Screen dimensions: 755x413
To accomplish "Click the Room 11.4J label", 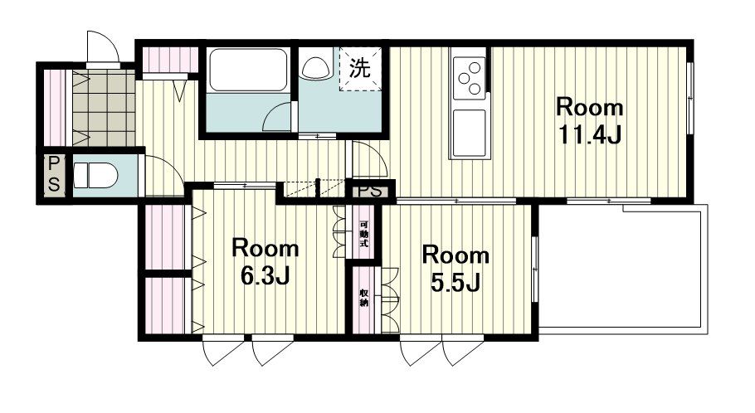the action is pyautogui.click(x=590, y=121).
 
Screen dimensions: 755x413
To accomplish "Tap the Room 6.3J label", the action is pyautogui.click(x=265, y=262).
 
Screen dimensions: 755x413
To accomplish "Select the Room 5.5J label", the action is pyautogui.click(x=455, y=269).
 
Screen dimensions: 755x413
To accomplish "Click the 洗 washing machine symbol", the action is pyautogui.click(x=360, y=68).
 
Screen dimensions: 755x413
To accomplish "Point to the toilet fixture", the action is pyautogui.click(x=95, y=175).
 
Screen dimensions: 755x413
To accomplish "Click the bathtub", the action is pyautogui.click(x=248, y=70).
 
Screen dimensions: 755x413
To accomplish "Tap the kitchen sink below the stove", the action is pyautogui.click(x=469, y=134).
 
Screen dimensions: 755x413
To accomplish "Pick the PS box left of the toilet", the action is pyautogui.click(x=54, y=175).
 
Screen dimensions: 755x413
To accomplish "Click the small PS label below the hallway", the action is pyautogui.click(x=370, y=191).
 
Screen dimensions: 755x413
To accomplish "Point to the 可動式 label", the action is pyautogui.click(x=364, y=234).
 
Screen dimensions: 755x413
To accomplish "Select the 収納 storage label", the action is pyautogui.click(x=364, y=299).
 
